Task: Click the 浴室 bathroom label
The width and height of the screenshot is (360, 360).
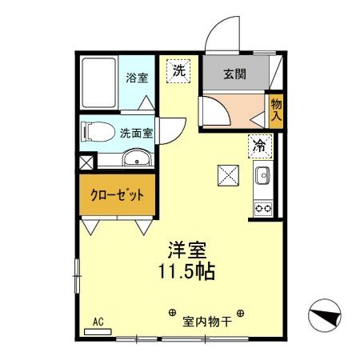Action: tap(138, 78)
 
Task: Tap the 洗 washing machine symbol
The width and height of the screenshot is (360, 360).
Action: tap(180, 70)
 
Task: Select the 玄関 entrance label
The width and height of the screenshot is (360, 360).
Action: tap(234, 75)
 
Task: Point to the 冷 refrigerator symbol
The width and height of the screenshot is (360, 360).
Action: tap(260, 145)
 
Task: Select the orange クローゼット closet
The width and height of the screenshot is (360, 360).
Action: tap(117, 195)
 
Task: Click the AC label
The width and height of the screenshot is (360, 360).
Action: tap(100, 322)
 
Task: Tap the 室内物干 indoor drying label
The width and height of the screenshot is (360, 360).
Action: tap(206, 322)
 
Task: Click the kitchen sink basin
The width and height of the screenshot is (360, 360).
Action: tap(262, 176)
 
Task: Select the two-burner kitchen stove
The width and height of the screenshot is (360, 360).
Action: tap(262, 208)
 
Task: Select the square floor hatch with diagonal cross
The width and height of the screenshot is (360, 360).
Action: tap(228, 174)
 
